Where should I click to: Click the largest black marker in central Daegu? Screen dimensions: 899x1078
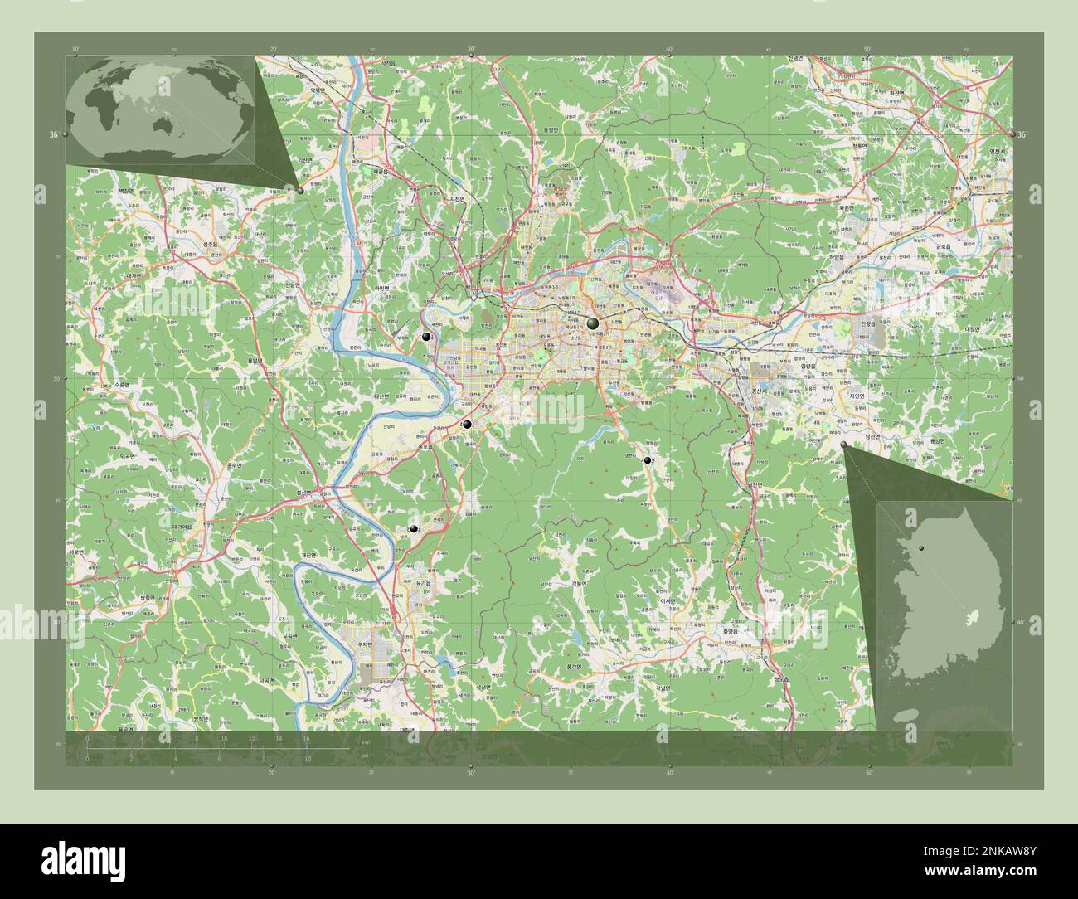[592, 323]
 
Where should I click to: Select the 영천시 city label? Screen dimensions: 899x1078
[997, 152]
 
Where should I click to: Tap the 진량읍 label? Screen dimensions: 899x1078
[868, 323]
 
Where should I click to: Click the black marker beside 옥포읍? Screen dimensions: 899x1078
[468, 425]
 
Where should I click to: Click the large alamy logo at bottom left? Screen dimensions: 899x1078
[83, 862]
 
